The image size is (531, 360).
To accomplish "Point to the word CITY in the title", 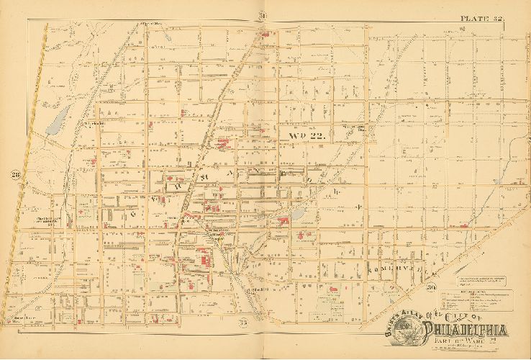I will click(454, 315).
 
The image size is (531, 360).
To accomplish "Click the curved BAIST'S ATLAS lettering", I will click(395, 318).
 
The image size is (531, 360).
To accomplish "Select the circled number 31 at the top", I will click(244, 16).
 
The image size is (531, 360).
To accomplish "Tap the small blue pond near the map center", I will click(296, 215).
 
